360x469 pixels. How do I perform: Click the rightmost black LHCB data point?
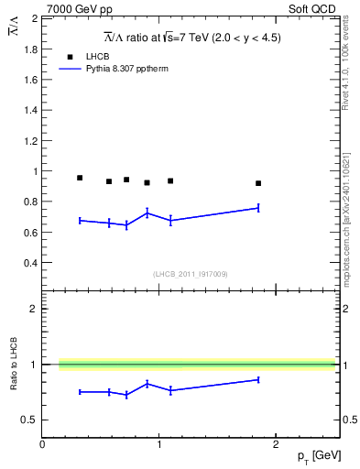(258, 183)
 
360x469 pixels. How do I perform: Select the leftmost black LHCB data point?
(80, 178)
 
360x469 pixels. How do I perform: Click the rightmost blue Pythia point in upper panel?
(258, 208)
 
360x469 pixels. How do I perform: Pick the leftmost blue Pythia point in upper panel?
(80, 220)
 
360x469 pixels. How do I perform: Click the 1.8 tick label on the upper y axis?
(30, 49)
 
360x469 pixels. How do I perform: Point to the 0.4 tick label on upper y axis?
(30, 263)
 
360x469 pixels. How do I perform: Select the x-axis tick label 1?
(159, 445)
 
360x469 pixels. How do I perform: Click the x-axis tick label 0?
(42, 445)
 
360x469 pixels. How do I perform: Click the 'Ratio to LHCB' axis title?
(14, 364)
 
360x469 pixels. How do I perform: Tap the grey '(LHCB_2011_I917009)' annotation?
(191, 274)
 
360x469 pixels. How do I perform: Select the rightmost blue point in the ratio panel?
(258, 379)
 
